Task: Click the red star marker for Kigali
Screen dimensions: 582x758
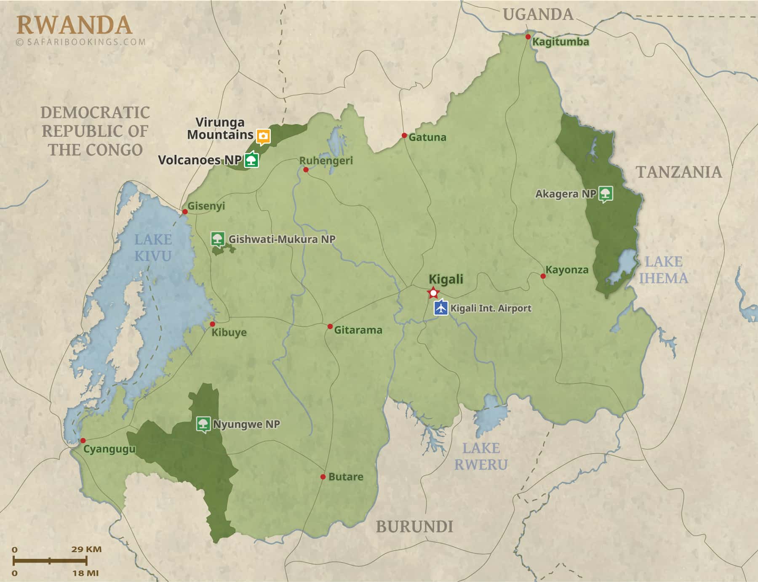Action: [x=433, y=292]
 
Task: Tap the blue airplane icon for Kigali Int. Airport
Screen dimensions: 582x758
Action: [x=441, y=308]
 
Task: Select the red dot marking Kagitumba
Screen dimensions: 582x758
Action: [x=528, y=37]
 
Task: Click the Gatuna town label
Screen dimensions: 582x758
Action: [x=427, y=137]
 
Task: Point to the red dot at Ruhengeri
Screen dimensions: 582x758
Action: [x=306, y=170]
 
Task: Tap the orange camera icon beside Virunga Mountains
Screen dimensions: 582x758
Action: [x=264, y=136]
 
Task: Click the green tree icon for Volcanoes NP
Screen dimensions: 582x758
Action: [x=252, y=160]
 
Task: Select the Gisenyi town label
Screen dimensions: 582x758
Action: [x=206, y=206]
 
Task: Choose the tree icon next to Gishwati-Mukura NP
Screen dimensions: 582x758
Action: [x=217, y=239]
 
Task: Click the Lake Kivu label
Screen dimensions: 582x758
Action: [x=153, y=248]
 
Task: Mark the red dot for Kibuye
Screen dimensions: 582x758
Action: [x=213, y=324]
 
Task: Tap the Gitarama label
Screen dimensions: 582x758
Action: [x=358, y=330]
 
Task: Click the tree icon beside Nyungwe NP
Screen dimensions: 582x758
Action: [x=203, y=424]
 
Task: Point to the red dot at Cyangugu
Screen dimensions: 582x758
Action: [x=83, y=441]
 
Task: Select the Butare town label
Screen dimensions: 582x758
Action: [x=345, y=477]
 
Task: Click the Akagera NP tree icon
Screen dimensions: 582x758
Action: [x=606, y=194]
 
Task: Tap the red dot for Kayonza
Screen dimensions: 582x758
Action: [x=543, y=276]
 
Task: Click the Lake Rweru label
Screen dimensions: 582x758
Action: [x=481, y=457]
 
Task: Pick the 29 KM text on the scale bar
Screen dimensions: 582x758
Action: [x=86, y=549]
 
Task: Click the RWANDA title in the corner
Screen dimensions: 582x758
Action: [x=74, y=25]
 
